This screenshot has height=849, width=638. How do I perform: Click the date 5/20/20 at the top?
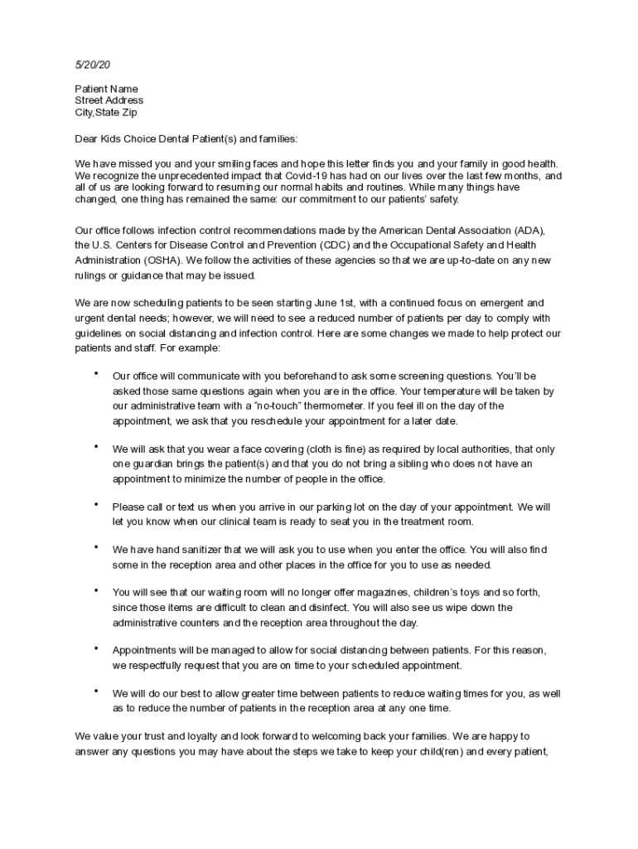point(92,64)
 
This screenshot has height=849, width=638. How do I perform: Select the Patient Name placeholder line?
point(106,89)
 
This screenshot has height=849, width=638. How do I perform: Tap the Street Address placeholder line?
point(109,100)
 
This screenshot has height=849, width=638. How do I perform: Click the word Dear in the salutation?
point(86,139)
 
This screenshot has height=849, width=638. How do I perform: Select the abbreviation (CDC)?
point(336,245)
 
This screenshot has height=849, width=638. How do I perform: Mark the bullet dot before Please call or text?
point(96,504)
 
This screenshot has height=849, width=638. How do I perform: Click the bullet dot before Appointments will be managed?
point(96,648)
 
